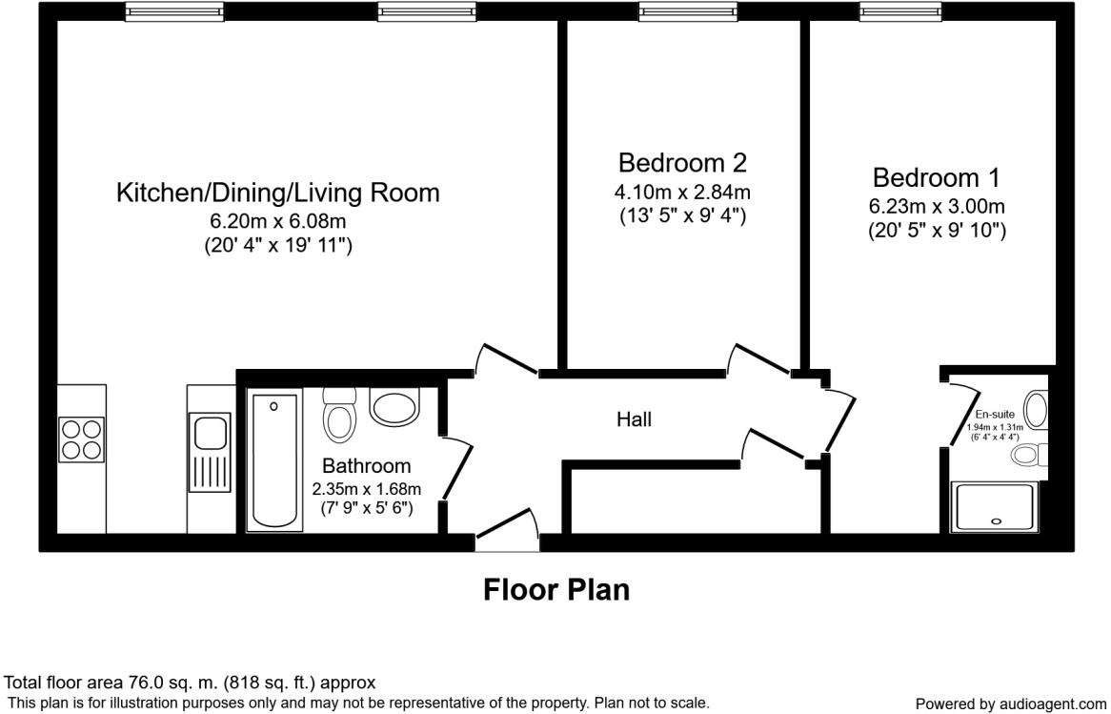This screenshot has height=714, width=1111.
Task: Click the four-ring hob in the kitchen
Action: click(81, 439)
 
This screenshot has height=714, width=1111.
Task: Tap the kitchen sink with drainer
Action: click(211, 453)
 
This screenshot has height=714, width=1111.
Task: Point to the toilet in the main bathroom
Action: click(338, 416)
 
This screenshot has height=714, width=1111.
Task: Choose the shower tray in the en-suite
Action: click(997, 506)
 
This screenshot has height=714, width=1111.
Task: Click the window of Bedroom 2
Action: click(688, 10)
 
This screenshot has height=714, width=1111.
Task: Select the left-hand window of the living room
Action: click(175, 10)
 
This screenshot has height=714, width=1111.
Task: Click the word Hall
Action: click(634, 418)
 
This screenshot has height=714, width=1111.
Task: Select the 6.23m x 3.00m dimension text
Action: click(937, 206)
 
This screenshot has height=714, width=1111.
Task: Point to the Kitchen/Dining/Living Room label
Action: click(277, 193)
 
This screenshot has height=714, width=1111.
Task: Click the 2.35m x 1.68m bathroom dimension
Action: click(366, 489)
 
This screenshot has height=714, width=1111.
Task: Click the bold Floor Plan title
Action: click(556, 589)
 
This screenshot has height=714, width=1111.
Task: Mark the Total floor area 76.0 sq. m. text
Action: click(191, 683)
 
